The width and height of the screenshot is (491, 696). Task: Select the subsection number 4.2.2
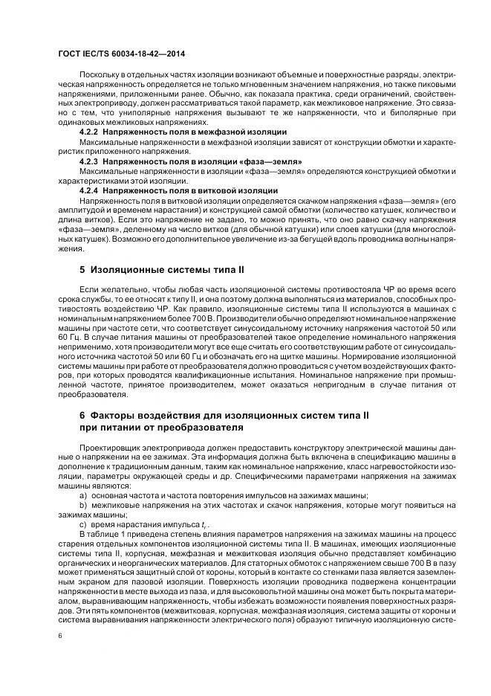(x=90, y=131)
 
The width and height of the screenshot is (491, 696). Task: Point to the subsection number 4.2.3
(x=90, y=160)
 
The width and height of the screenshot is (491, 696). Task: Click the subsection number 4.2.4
(x=90, y=190)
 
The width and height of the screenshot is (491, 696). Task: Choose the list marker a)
(x=82, y=494)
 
